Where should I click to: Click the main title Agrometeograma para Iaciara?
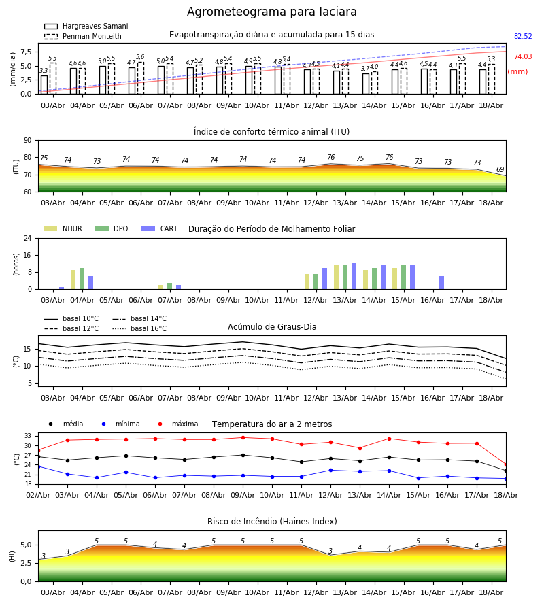[x=271, y=12]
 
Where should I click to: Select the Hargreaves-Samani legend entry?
[x=86, y=26]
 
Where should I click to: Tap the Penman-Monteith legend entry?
[x=83, y=36]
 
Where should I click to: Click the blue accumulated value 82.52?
[x=523, y=36]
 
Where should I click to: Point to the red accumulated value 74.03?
[x=523, y=56]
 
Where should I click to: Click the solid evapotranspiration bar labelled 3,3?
[x=44, y=85]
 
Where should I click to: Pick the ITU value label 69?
[x=500, y=169]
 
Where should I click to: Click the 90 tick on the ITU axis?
[x=28, y=141]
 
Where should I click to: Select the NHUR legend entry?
[x=63, y=228]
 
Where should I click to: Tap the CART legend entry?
[x=160, y=228]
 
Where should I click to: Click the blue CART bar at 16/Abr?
[x=442, y=283]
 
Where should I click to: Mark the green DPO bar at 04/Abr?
[x=82, y=279]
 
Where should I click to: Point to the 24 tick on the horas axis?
[x=28, y=239]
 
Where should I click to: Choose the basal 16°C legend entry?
[x=139, y=329]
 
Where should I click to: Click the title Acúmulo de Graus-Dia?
[x=272, y=327]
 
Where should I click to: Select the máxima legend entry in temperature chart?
[x=176, y=424]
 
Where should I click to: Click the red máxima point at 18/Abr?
[x=506, y=465]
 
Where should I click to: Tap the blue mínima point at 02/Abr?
[x=38, y=466]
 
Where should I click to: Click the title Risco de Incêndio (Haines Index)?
[x=272, y=522]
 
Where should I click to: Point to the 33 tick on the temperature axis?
[x=28, y=436]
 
